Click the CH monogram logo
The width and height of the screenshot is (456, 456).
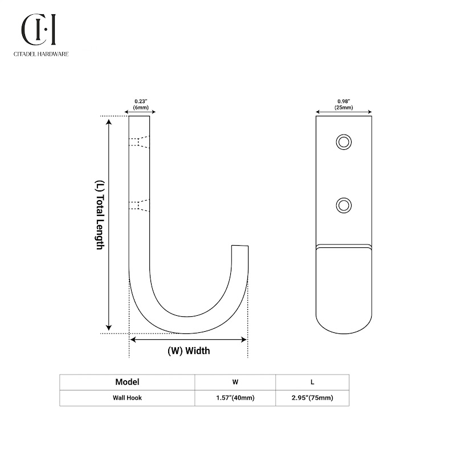(38, 30)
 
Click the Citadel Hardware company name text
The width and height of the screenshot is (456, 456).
(41, 54)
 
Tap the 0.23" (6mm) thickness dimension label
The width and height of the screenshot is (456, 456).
(141, 104)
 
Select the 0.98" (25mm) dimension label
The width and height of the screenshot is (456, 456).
(344, 104)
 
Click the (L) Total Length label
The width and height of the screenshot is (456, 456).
(99, 215)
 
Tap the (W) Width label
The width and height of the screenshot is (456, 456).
(189, 351)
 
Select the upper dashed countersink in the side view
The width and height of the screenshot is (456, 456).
(139, 142)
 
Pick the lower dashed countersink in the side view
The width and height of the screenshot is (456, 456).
(139, 205)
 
